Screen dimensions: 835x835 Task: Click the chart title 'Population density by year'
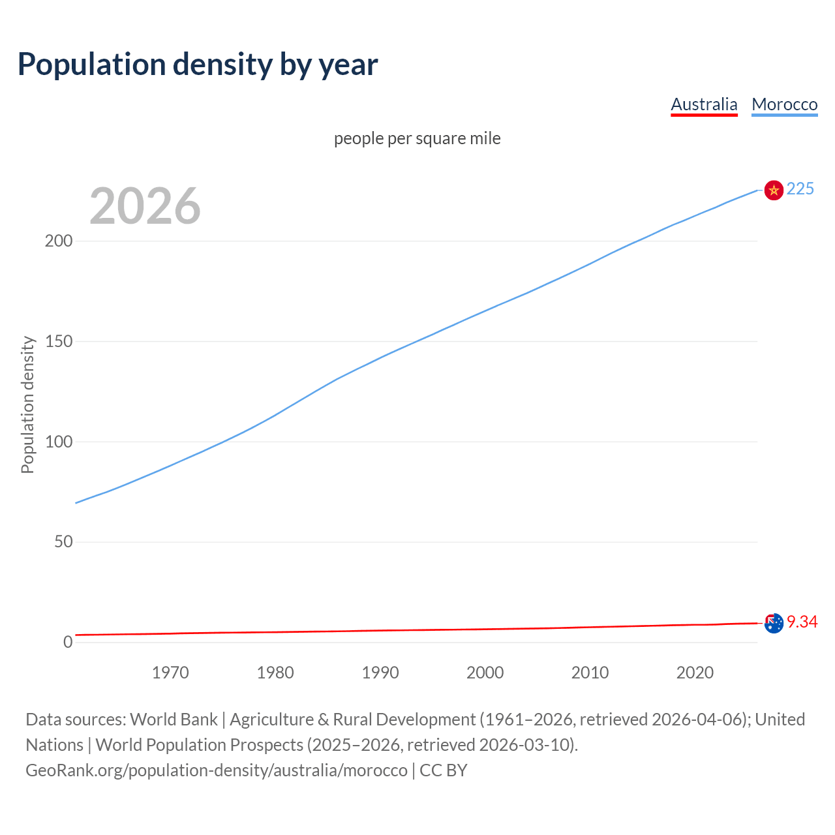(198, 64)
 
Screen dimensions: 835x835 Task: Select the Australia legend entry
(704, 104)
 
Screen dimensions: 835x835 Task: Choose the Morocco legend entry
(784, 104)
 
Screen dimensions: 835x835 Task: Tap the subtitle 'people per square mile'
(417, 138)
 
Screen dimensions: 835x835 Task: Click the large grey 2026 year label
(145, 206)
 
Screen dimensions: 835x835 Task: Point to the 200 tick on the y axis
(59, 241)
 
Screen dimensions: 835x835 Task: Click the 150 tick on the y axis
(59, 341)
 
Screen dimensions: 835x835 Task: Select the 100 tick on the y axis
(59, 442)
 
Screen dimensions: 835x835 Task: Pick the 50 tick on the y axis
(63, 541)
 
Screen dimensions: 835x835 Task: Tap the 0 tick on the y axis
(68, 642)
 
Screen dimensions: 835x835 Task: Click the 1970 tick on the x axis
(170, 673)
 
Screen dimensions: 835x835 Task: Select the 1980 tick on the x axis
(275, 673)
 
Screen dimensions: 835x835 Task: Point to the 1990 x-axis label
(380, 673)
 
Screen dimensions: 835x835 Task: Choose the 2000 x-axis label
(485, 673)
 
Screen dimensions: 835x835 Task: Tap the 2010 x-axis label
(590, 673)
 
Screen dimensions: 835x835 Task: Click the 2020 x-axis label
(695, 673)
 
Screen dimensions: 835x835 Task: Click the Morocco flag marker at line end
(774, 190)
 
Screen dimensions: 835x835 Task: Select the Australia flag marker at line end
(774, 623)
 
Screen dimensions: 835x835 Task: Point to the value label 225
(800, 189)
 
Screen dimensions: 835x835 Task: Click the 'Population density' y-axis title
(27, 404)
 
